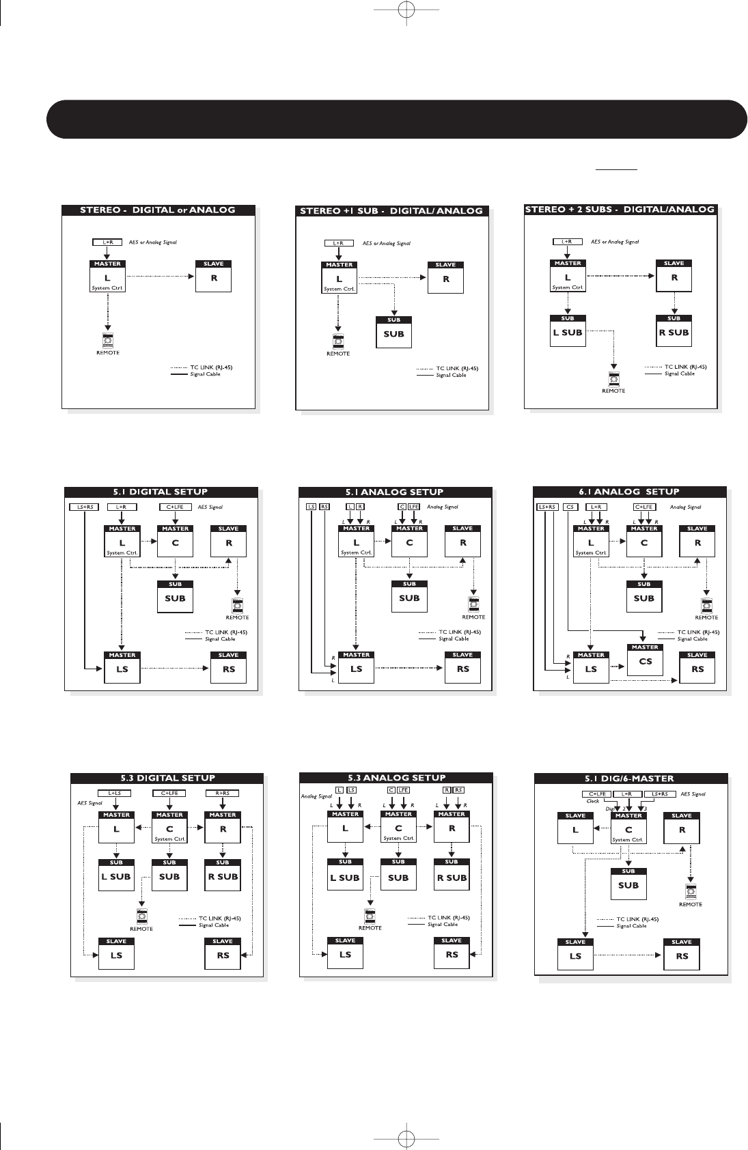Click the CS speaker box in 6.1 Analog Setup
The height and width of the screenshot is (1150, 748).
click(x=645, y=661)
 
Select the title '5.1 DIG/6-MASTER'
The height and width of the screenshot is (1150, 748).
click(x=629, y=779)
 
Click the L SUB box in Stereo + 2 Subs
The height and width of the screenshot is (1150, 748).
click(x=568, y=333)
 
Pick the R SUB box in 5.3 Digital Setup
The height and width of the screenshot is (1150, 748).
click(x=223, y=877)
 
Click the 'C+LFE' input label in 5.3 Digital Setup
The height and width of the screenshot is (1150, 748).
click(x=169, y=793)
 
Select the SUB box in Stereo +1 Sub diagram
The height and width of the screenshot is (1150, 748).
click(x=394, y=334)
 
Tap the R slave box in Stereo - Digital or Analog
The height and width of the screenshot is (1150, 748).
click(x=214, y=278)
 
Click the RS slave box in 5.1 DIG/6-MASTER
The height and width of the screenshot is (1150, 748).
click(x=682, y=956)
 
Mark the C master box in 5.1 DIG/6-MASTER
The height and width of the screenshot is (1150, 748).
click(x=628, y=830)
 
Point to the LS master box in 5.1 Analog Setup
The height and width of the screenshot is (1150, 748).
click(x=357, y=669)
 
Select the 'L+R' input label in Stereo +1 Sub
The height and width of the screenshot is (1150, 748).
click(x=338, y=243)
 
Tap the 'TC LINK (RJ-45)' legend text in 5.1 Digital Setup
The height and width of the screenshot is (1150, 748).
click(x=226, y=632)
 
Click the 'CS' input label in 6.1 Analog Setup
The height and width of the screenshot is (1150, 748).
click(x=570, y=507)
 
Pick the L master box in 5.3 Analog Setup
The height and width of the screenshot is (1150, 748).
click(x=345, y=829)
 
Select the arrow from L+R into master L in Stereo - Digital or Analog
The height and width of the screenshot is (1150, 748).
click(x=107, y=252)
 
